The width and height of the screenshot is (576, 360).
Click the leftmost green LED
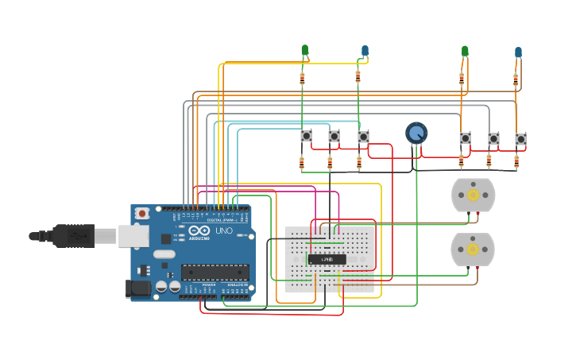click(x=304, y=50)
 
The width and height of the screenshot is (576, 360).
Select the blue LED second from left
click(x=365, y=51)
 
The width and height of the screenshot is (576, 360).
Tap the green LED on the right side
click(x=465, y=51)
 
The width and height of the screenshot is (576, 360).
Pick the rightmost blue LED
click(x=518, y=52)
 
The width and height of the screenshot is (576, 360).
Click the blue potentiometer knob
click(x=416, y=133)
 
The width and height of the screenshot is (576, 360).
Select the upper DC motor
click(x=473, y=195)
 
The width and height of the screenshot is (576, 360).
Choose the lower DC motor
click(x=472, y=250)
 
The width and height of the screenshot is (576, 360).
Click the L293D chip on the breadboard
click(x=328, y=259)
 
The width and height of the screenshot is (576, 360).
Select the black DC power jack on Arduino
click(x=138, y=288)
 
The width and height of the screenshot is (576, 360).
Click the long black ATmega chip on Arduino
click(x=215, y=272)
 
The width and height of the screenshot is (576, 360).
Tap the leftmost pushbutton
click(x=307, y=136)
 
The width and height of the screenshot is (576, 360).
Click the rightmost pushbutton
click(x=520, y=139)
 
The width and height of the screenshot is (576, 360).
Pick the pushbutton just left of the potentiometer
click(x=363, y=137)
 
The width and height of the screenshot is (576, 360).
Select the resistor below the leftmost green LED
click(x=302, y=79)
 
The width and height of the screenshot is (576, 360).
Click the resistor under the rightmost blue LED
click(x=516, y=80)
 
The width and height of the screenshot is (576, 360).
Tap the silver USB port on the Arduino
click(x=134, y=235)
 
